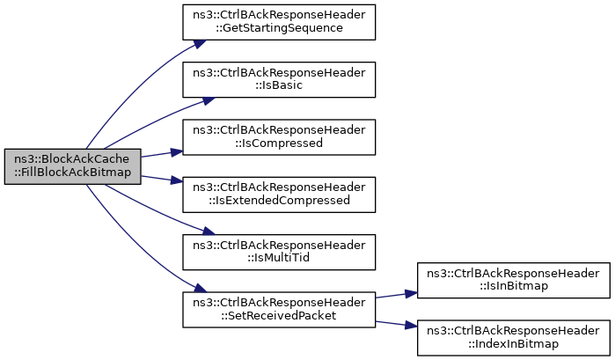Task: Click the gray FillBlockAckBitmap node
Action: (x=72, y=166)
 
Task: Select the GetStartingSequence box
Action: (x=279, y=22)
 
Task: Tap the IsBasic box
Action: (x=279, y=80)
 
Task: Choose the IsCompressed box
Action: (x=279, y=137)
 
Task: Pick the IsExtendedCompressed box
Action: (x=279, y=195)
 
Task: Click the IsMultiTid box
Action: (x=279, y=252)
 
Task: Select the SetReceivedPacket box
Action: (x=279, y=309)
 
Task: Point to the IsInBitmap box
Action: (x=514, y=280)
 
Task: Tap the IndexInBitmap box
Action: (x=514, y=338)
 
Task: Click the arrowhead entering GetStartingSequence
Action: (x=200, y=44)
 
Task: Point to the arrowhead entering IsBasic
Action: (x=209, y=100)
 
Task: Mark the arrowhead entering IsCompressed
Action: (x=177, y=152)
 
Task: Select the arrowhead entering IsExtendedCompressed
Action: (x=177, y=180)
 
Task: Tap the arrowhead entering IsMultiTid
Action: (x=209, y=231)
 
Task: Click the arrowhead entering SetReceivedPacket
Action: (x=200, y=288)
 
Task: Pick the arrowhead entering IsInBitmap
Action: (x=411, y=294)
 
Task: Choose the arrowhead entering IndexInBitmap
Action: (x=411, y=325)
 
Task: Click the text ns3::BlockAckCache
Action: (x=72, y=159)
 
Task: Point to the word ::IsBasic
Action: (x=279, y=85)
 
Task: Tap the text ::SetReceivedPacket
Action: (x=279, y=316)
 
